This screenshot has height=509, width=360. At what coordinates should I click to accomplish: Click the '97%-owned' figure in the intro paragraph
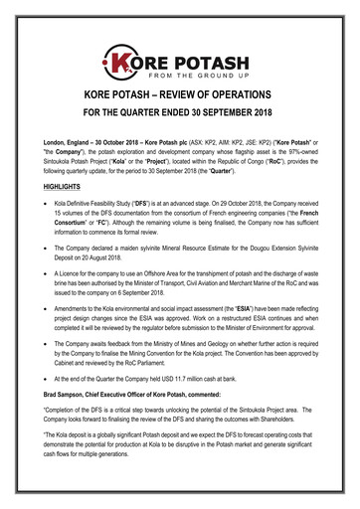[294, 152]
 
